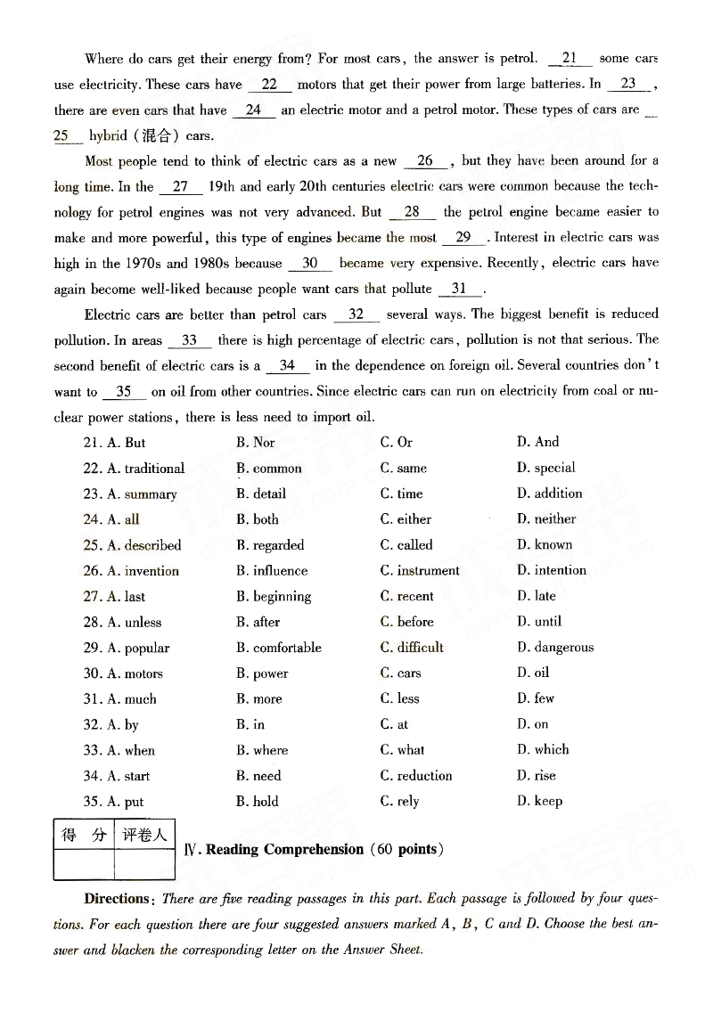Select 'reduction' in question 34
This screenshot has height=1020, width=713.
[415, 776]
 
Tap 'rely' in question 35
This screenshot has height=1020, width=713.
[399, 802]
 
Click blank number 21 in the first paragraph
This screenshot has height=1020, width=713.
[570, 59]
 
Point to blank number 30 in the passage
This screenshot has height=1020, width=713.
[310, 264]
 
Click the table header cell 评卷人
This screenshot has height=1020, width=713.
[144, 836]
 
